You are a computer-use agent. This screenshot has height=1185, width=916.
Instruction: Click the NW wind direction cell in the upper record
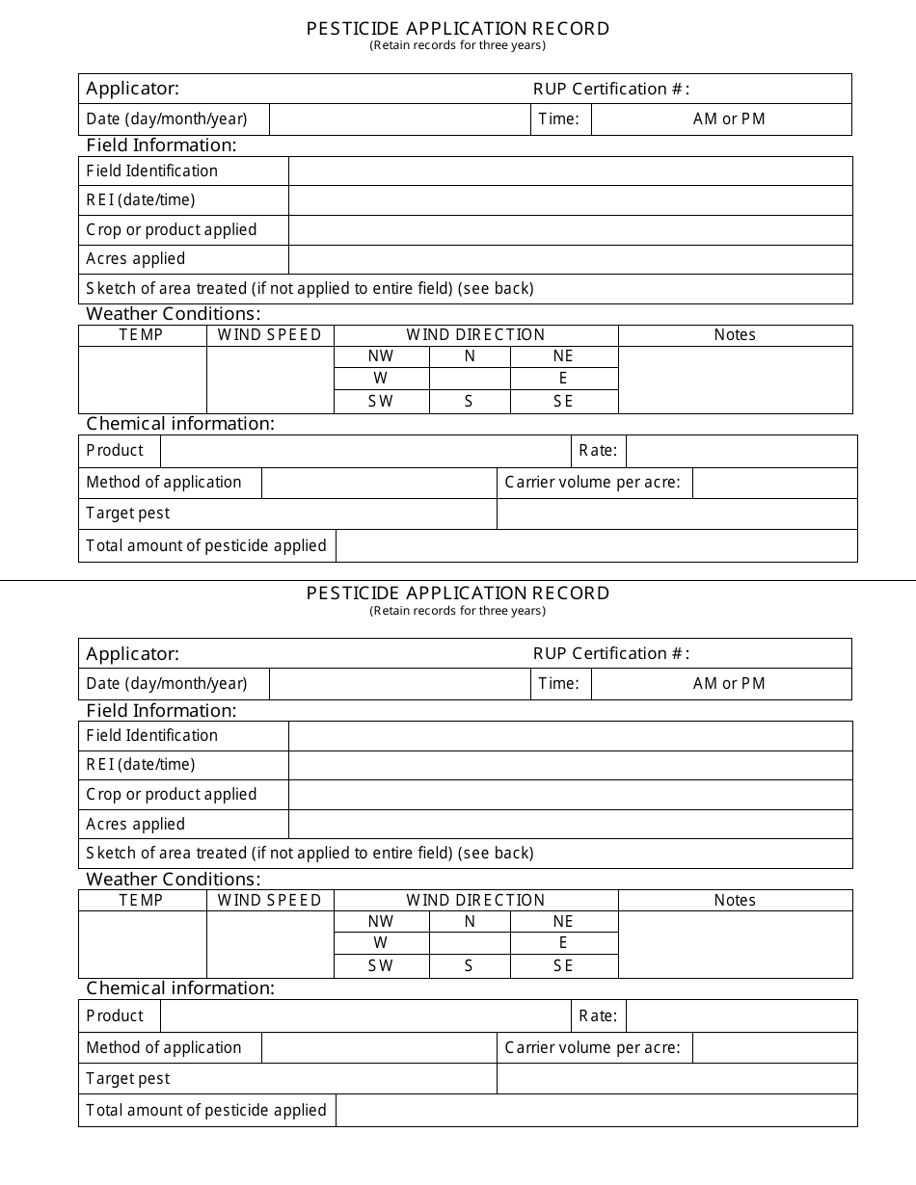coord(381,356)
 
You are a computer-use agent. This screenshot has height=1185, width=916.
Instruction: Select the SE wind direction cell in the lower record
coord(563,966)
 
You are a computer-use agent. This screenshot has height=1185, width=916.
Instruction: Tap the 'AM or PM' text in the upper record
coord(729,119)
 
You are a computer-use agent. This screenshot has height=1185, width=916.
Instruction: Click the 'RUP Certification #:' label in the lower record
coord(611,653)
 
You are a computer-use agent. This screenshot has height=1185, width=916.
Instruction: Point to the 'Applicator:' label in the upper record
coord(133,89)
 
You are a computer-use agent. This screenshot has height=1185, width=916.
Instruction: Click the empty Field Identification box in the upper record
coord(570,171)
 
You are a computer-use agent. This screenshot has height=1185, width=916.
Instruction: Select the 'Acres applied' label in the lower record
coord(136,825)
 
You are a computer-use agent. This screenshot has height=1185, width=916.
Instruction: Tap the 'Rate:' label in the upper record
coord(598,451)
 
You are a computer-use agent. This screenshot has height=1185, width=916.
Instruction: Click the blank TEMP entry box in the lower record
coord(142,944)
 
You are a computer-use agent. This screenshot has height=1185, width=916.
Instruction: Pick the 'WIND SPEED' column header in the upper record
coord(270,335)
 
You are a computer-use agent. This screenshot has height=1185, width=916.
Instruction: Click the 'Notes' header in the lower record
coord(735,900)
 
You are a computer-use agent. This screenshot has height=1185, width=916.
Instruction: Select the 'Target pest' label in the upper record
coord(128,513)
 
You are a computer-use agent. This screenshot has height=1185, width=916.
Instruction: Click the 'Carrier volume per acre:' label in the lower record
coord(593,1048)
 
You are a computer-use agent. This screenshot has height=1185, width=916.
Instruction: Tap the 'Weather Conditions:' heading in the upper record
coord(174,314)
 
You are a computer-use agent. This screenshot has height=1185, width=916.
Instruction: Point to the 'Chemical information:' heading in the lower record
coord(180,988)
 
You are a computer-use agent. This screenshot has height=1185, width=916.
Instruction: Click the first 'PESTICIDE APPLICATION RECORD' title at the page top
coord(458,29)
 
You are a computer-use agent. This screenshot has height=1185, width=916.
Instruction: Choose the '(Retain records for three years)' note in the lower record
coord(458,611)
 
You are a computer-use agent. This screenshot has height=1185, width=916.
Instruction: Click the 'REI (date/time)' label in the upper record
coord(141,200)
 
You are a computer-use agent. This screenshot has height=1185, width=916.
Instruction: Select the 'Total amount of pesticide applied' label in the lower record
coord(206,1111)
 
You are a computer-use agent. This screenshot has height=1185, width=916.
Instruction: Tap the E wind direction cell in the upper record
coord(563,379)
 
